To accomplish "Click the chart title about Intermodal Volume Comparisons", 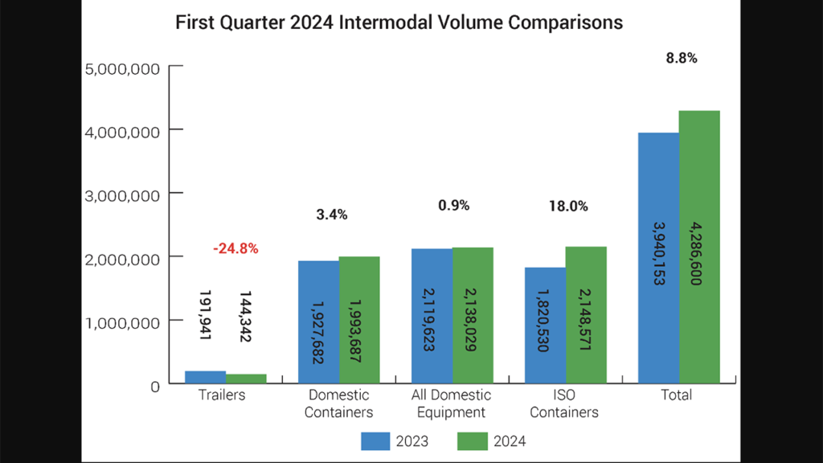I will pyautogui.click(x=399, y=23).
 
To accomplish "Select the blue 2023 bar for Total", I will pyautogui.click(x=658, y=257).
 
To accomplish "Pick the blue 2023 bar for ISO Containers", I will pyautogui.click(x=545, y=326).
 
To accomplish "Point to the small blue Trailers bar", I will pyautogui.click(x=205, y=378).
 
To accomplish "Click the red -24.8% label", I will pyautogui.click(x=235, y=249).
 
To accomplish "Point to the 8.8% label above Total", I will pyautogui.click(x=680, y=58).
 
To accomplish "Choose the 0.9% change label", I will pyautogui.click(x=452, y=206).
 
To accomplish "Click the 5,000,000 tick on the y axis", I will pyautogui.click(x=122, y=68).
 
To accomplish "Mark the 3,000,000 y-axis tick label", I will pyautogui.click(x=122, y=195).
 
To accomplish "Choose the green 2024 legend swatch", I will pyautogui.click(x=473, y=440).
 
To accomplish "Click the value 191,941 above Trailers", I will pyautogui.click(x=204, y=312).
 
